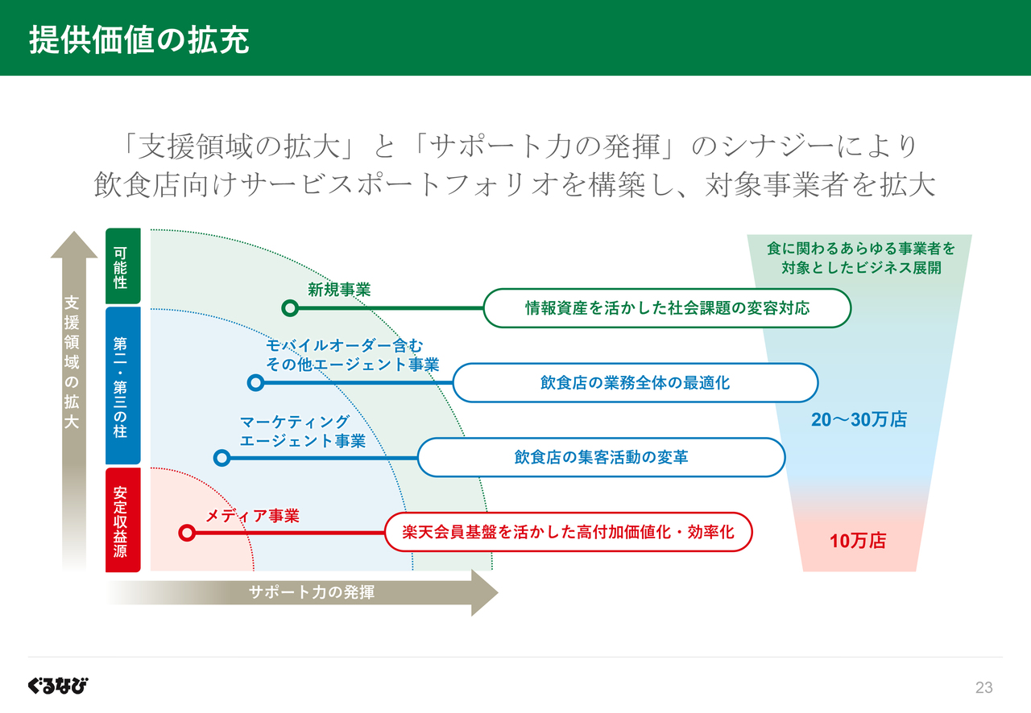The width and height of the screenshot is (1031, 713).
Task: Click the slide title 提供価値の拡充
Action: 139,40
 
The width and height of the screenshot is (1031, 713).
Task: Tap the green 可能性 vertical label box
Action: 123,266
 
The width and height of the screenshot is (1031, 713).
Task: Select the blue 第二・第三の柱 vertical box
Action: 123,385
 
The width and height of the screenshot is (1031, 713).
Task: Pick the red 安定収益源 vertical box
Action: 123,520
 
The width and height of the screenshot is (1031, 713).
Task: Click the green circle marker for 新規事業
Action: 290,307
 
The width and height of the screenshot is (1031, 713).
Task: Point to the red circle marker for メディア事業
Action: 187,533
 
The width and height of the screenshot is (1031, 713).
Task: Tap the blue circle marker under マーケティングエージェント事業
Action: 222,458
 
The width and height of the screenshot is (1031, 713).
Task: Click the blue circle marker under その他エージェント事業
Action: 255,382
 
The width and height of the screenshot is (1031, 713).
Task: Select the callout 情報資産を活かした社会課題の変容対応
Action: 668,307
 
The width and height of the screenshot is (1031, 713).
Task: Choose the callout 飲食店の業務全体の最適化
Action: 636,383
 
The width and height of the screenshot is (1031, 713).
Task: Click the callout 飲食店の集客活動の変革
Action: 601,457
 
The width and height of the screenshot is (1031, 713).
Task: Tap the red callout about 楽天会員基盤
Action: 569,532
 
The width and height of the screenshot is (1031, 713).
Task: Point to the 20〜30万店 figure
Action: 859,419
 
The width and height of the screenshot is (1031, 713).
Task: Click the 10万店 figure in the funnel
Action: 858,541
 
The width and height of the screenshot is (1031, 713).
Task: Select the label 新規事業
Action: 339,290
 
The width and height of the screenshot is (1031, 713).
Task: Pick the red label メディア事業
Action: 252,516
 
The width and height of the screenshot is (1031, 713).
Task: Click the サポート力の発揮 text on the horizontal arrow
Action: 312,592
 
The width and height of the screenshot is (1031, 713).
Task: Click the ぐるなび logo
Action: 58,686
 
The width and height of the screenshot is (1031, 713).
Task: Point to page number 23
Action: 984,687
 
